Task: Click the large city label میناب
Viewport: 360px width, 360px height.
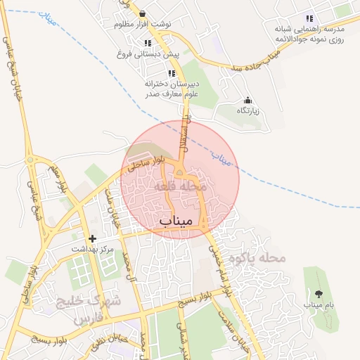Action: pos(176,222)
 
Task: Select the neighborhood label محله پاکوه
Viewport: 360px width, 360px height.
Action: pos(264,258)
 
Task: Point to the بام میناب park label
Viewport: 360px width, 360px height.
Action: pos(319,305)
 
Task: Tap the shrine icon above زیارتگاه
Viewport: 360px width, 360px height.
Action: pos(247,101)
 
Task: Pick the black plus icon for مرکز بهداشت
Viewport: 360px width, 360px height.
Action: pos(92,239)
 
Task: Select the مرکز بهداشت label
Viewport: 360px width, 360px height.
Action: pos(92,250)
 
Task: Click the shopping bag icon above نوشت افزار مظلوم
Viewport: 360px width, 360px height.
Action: pos(143,13)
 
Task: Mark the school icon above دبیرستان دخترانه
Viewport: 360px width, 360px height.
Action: pos(171,73)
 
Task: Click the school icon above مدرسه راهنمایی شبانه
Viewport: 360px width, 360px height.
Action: pos(309,18)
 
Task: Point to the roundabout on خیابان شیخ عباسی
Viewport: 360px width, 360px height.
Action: pos(31,160)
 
